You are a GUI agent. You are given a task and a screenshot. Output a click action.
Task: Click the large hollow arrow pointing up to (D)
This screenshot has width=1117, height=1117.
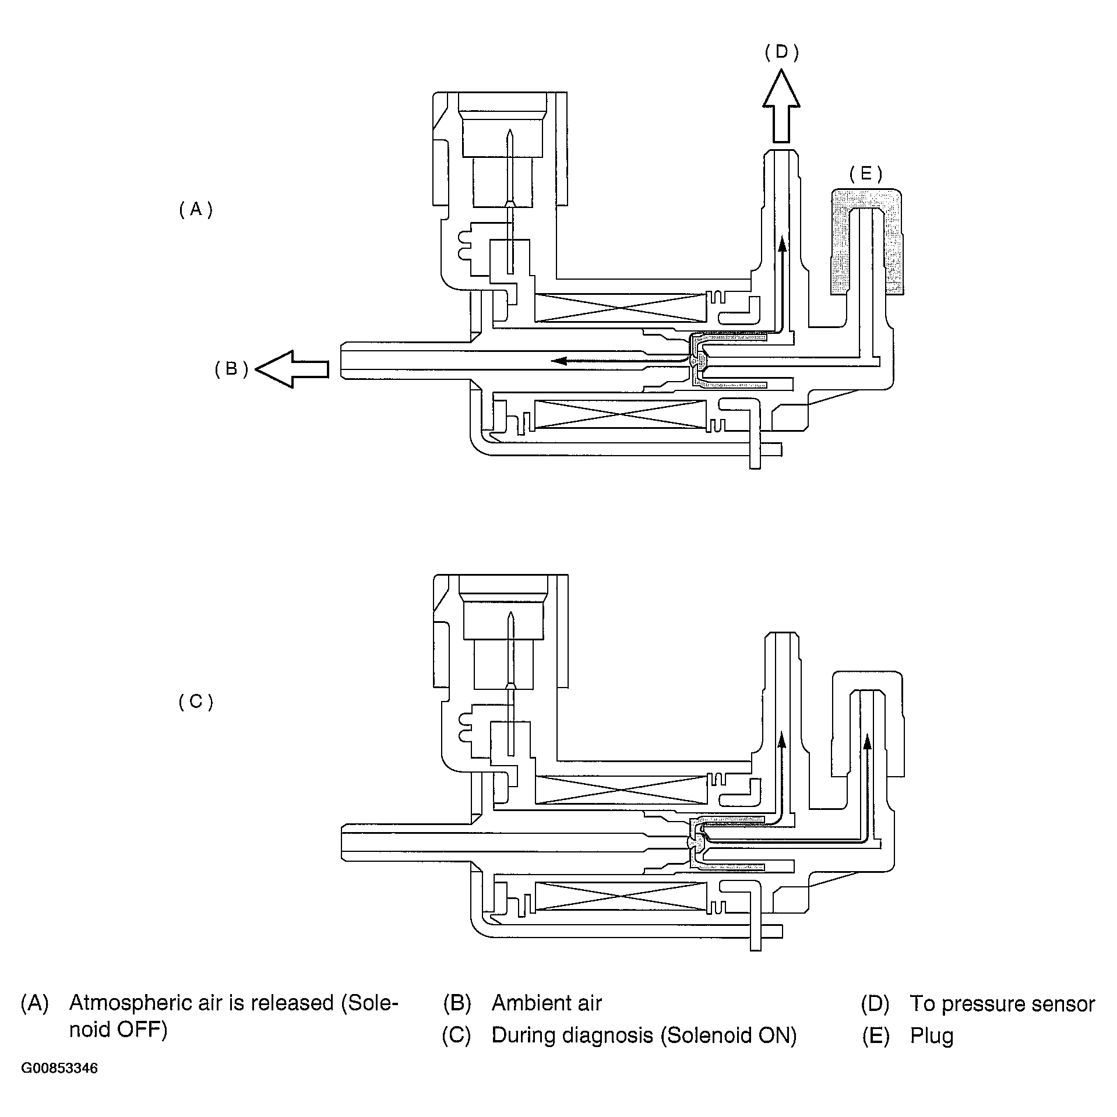click(781, 108)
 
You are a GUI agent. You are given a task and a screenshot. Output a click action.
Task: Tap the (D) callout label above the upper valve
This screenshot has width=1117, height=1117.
click(781, 52)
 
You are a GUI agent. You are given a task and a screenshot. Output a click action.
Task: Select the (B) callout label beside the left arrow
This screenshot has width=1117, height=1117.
click(232, 369)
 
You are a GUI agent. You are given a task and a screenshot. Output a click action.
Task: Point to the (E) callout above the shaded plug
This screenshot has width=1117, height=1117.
click(865, 174)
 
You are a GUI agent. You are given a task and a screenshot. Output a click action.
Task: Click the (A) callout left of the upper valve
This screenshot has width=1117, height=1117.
click(196, 209)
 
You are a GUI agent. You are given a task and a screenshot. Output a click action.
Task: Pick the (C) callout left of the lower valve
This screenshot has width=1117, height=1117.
click(196, 702)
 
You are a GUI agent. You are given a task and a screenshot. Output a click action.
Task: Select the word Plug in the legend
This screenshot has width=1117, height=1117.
click(932, 1035)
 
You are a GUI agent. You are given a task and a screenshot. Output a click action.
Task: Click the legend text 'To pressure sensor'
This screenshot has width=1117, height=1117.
click(1002, 1003)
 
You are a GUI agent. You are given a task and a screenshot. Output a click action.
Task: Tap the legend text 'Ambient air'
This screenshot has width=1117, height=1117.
click(547, 1003)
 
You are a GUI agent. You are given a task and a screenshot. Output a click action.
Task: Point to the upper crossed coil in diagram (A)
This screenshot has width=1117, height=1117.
click(620, 308)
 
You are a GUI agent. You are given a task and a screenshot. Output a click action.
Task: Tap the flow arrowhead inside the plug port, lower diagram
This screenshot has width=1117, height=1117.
click(867, 741)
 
